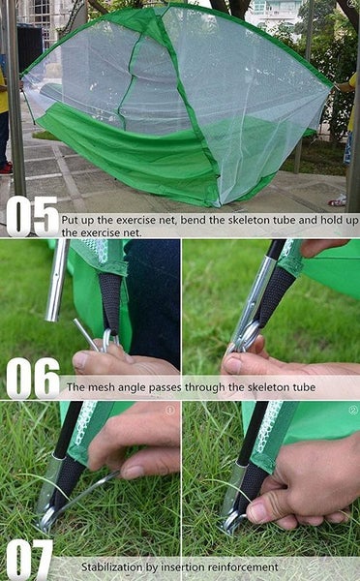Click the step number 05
coord(32,217)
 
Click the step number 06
coord(32,378)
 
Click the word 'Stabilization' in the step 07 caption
coord(112,566)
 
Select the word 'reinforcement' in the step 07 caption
coord(244,566)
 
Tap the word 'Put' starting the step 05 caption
coord(70,221)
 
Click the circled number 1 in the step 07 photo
coord(169,410)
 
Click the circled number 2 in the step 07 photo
coord(352,410)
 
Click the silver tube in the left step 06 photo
coord(57,281)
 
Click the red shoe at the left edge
coord(5,167)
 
